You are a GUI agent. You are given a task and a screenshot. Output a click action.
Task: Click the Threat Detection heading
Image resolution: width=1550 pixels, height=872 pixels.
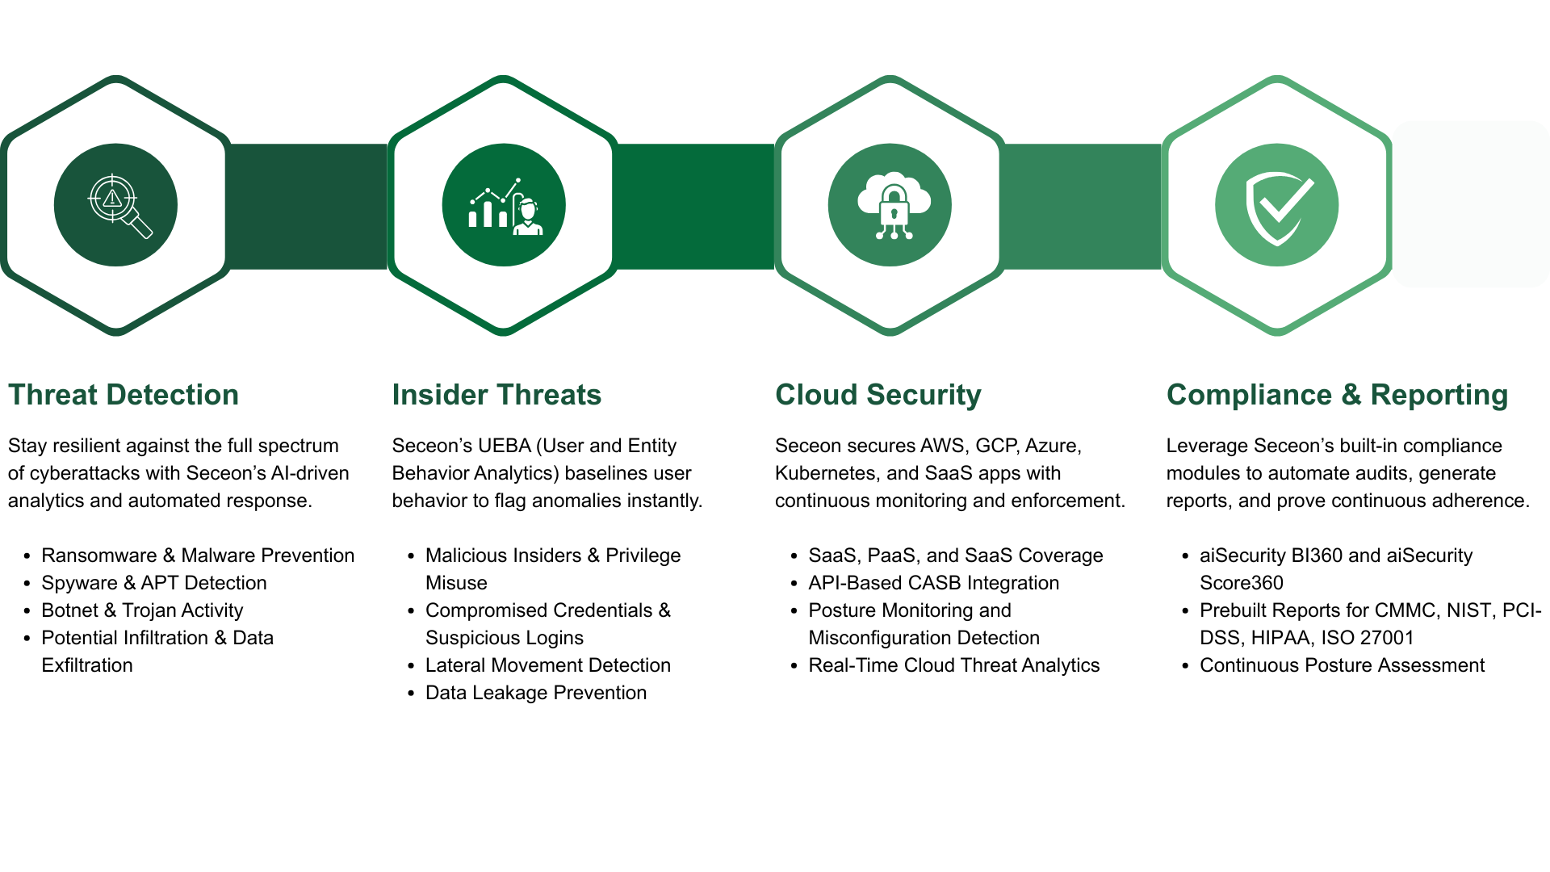pyautogui.click(x=124, y=395)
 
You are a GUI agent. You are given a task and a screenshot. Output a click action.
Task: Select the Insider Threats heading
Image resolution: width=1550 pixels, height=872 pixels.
pyautogui.click(x=496, y=395)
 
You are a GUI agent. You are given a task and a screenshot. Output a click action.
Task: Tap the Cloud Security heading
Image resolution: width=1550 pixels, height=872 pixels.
pyautogui.click(x=878, y=395)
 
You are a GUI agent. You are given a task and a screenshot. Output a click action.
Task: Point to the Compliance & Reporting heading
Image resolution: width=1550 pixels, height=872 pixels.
pyautogui.click(x=1337, y=395)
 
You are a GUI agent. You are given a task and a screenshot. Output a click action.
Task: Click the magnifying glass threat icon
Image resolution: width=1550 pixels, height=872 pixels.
pyautogui.click(x=116, y=205)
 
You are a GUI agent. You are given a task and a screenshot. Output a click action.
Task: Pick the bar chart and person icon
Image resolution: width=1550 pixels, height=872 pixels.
pyautogui.click(x=504, y=205)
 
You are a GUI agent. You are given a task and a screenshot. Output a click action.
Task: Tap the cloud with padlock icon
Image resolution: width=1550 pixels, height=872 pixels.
pyautogui.click(x=890, y=205)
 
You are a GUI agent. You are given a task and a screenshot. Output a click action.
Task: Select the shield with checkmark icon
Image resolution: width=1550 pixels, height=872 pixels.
pyautogui.click(x=1277, y=205)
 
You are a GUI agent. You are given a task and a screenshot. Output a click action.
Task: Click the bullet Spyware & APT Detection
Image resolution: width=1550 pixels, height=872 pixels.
pyautogui.click(x=153, y=583)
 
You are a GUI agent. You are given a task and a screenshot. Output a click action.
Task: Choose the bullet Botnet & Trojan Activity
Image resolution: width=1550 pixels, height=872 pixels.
pyautogui.click(x=142, y=610)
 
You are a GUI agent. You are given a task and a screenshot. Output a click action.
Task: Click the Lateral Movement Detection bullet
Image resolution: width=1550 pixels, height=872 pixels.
pyautogui.click(x=547, y=665)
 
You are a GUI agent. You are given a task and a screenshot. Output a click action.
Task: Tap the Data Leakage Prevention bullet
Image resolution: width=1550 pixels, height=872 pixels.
pyautogui.click(x=535, y=693)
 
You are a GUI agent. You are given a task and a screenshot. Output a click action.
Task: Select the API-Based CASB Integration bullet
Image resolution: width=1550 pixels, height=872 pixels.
pyautogui.click(x=933, y=583)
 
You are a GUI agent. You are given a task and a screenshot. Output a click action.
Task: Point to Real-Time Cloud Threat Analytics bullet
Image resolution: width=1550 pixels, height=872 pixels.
pyautogui.click(x=953, y=665)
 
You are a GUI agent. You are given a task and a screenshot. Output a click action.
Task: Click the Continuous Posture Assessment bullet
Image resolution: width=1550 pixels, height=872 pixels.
pyautogui.click(x=1342, y=665)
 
